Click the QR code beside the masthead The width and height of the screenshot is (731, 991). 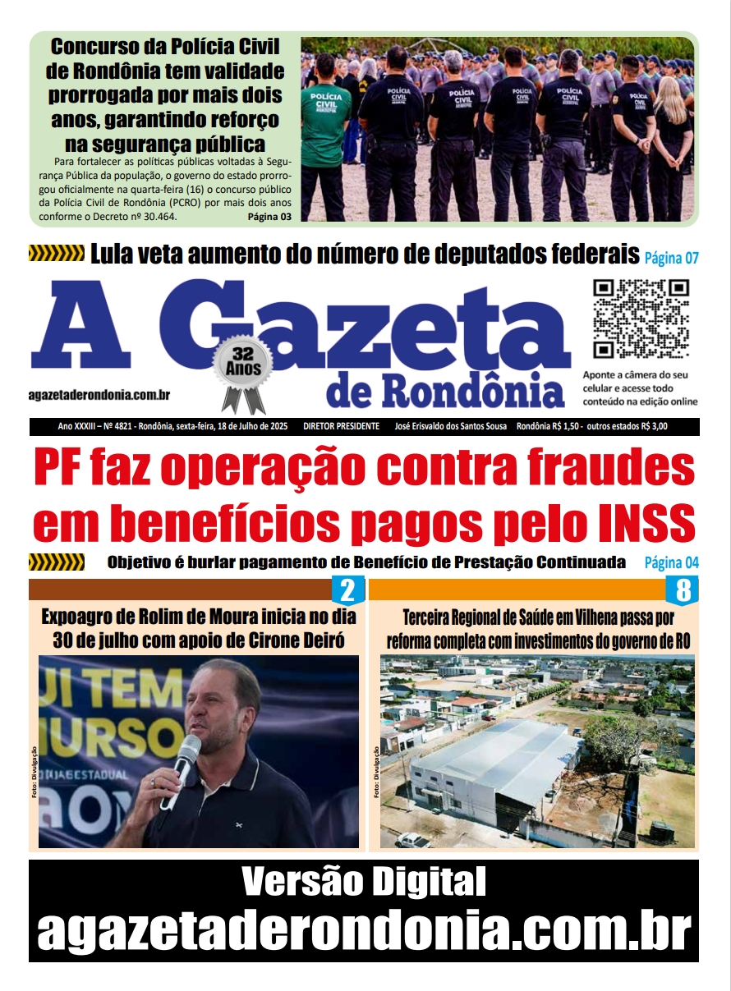tap(641, 319)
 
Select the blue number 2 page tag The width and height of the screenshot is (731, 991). tap(347, 590)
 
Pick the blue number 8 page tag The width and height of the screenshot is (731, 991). tap(683, 590)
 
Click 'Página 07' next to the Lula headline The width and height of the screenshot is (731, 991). tap(671, 259)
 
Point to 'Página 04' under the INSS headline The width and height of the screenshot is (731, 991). tap(671, 563)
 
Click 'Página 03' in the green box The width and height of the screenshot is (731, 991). tap(269, 218)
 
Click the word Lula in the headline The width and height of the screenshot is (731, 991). tap(115, 255)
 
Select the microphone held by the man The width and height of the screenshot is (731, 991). tap(185, 759)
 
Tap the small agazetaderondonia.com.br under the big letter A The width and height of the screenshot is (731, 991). tap(99, 395)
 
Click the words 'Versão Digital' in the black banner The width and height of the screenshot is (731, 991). tap(364, 883)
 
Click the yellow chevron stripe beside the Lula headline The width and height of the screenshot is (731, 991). tap(56, 254)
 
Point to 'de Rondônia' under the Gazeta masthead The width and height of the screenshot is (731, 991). tap(446, 392)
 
